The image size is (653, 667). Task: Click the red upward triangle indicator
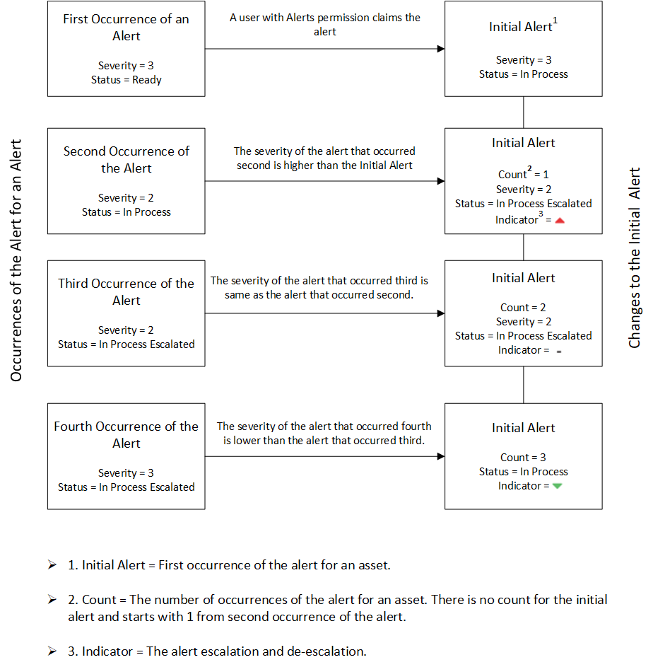(560, 221)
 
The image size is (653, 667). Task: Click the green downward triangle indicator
(558, 486)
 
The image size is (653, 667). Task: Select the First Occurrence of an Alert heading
(127, 27)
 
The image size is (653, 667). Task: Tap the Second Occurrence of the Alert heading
(127, 160)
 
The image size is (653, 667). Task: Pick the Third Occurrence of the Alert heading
(127, 292)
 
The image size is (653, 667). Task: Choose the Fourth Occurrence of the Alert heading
(127, 435)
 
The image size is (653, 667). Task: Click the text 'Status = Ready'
(127, 80)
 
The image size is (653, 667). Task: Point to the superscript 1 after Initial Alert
(555, 20)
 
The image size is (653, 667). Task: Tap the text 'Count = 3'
(524, 458)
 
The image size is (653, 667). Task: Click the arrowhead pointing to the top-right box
(441, 49)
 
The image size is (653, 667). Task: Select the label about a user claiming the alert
(325, 24)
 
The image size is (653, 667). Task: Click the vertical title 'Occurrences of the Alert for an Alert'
(16, 260)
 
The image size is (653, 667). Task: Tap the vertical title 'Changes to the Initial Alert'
(635, 257)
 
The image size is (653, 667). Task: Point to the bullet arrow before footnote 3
(52, 651)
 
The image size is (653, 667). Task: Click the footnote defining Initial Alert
(229, 565)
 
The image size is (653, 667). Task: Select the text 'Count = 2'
(524, 307)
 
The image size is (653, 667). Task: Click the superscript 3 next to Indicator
(541, 214)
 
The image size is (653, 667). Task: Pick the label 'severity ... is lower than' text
(324, 433)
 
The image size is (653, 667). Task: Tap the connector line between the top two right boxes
(524, 112)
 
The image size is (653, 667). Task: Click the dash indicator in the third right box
(559, 352)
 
